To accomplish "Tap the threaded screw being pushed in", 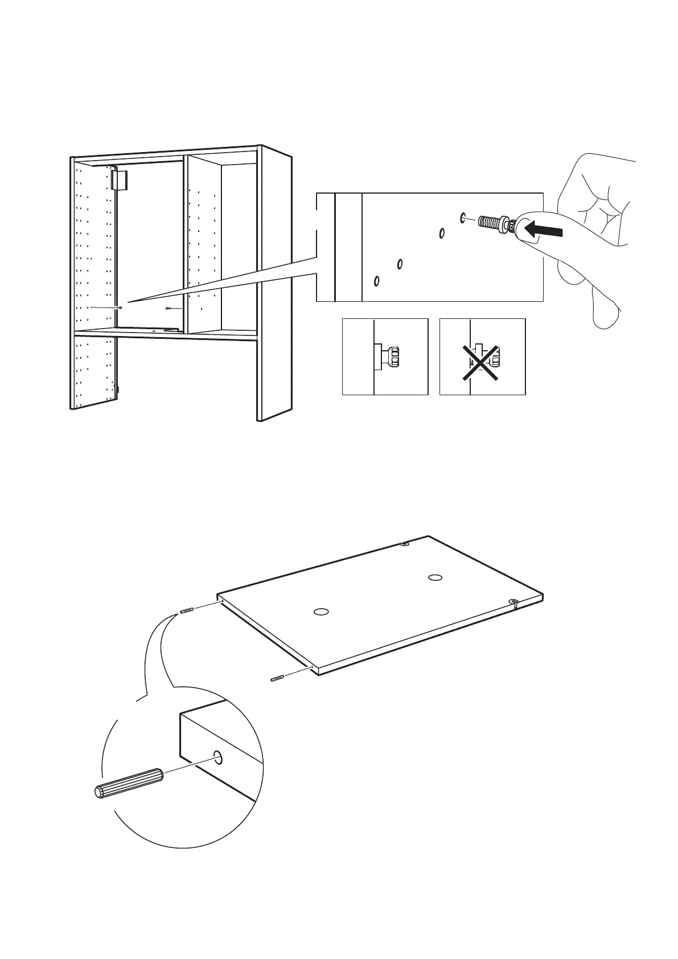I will (x=491, y=222).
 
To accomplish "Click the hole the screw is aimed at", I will (x=462, y=217).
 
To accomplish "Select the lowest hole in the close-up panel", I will (x=377, y=281).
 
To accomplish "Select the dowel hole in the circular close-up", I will (x=218, y=757).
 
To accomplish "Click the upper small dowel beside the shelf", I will (x=187, y=611).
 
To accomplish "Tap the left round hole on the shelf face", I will (x=321, y=612).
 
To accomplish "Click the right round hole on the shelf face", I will (x=435, y=577).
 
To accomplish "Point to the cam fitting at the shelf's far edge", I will (x=405, y=544).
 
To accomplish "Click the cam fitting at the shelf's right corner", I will (x=513, y=603).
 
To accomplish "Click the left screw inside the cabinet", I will (x=120, y=308).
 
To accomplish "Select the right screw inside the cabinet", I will (x=169, y=308).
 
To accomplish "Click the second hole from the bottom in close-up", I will (x=400, y=264).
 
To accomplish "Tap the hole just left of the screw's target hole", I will (x=442, y=233).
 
